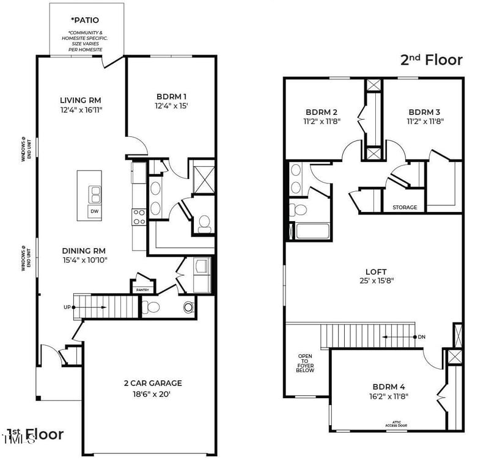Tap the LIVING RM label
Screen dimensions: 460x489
point(80,100)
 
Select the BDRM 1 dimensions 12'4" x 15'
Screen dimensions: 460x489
point(171,106)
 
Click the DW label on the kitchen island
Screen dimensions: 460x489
point(94,211)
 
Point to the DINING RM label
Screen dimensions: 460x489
point(84,250)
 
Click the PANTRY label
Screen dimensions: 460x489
point(142,290)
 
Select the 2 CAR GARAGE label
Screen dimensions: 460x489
point(153,383)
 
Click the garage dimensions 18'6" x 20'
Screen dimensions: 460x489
point(153,394)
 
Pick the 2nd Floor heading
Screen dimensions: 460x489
point(431,60)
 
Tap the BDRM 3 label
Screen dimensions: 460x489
point(425,112)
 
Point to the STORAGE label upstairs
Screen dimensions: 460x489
point(405,207)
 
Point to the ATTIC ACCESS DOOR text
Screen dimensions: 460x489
point(395,423)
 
